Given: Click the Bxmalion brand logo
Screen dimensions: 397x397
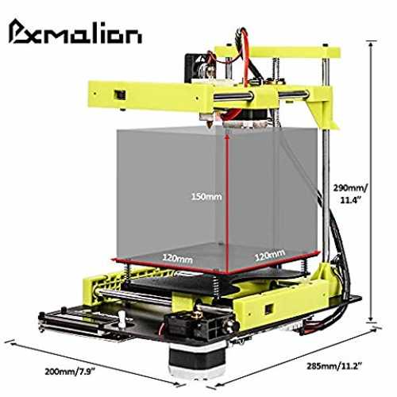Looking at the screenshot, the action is pyautogui.click(x=75, y=33).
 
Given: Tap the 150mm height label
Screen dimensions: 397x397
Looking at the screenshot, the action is pyautogui.click(x=206, y=197).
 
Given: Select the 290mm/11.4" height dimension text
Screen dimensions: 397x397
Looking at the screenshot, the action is pyautogui.click(x=350, y=194).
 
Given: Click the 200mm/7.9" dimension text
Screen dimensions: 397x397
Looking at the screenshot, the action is pyautogui.click(x=70, y=372).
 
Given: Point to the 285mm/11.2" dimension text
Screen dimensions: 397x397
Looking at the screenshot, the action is pyautogui.click(x=334, y=366).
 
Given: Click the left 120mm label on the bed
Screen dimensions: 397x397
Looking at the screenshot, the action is pyautogui.click(x=177, y=258).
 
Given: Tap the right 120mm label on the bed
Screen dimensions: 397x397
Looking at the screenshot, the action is pyautogui.click(x=270, y=255).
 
